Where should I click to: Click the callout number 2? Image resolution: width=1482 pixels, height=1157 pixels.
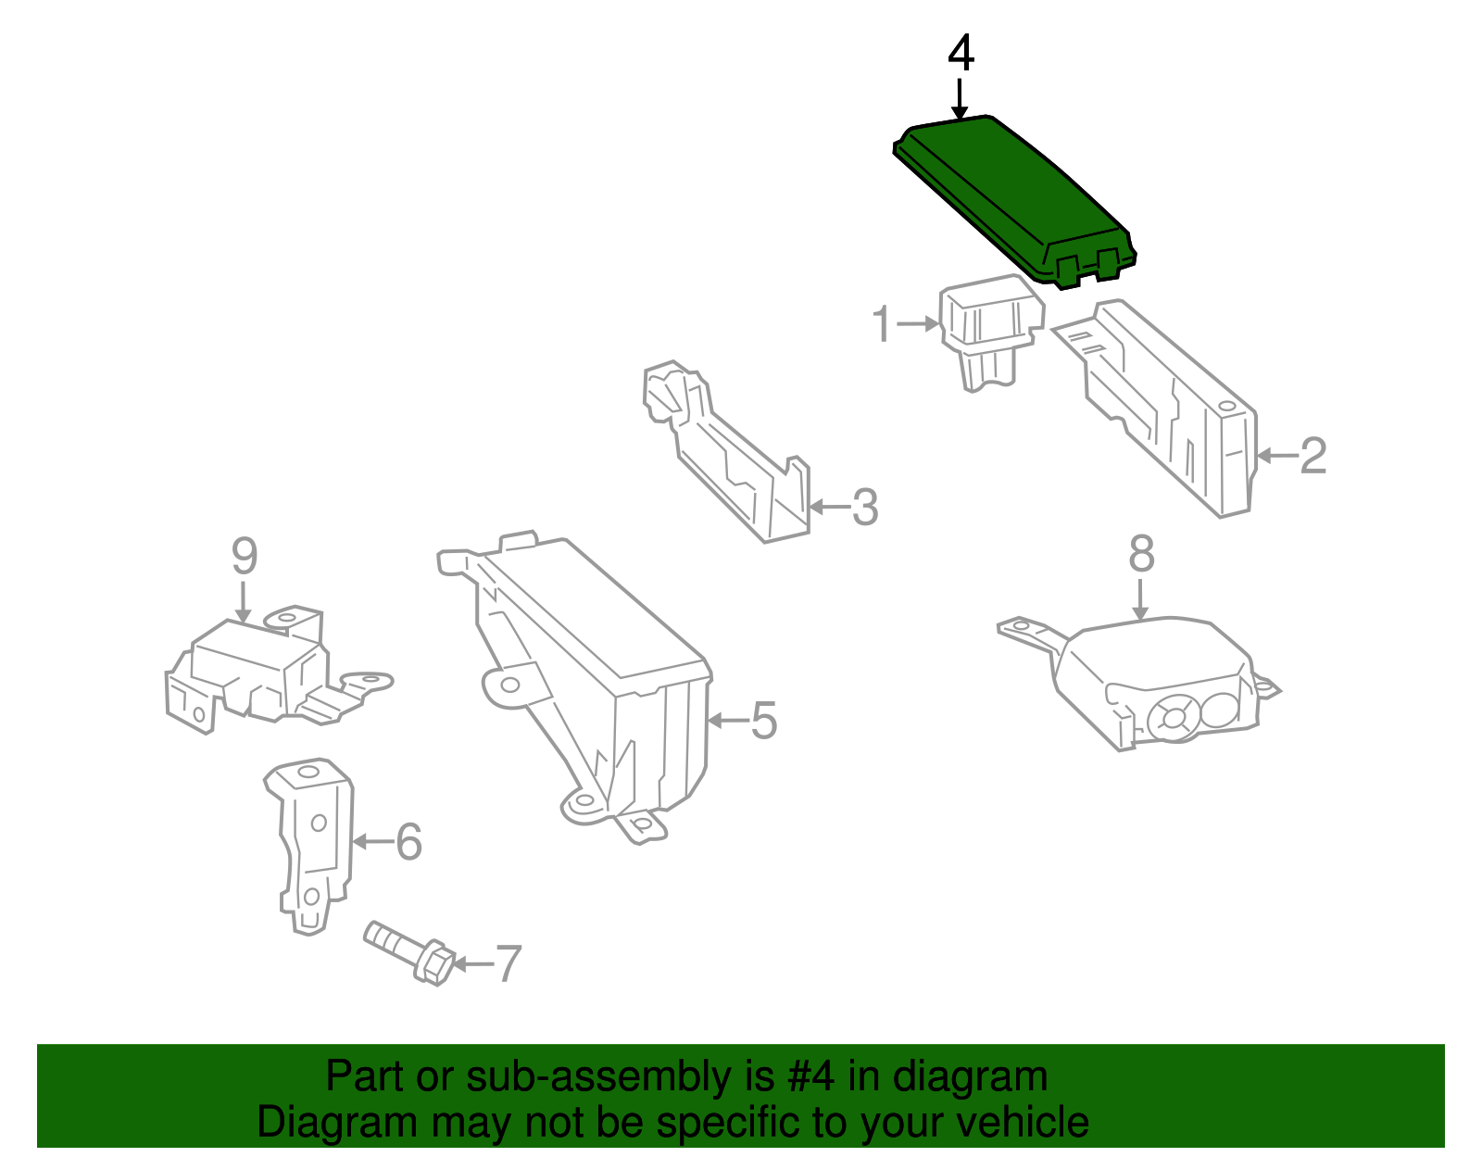(x=1313, y=456)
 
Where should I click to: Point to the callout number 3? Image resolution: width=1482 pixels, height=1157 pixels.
(x=864, y=508)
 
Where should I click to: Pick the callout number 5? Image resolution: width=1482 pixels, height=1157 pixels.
(x=763, y=721)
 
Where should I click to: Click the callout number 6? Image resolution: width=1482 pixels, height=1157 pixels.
(x=408, y=842)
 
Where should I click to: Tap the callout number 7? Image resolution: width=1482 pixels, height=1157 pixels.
(x=509, y=964)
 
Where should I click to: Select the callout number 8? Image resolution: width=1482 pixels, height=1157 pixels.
(x=1141, y=554)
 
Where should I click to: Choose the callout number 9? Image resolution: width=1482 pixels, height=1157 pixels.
(x=244, y=556)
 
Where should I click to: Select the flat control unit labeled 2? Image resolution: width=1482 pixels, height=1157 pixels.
(x=1176, y=408)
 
